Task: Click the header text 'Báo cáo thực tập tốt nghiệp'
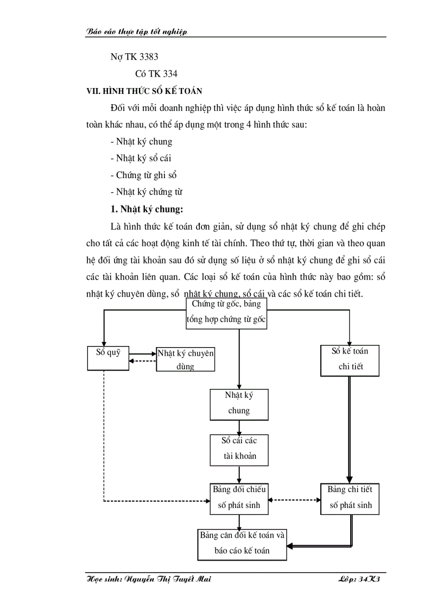click(137, 32)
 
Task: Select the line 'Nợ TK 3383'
click(134, 56)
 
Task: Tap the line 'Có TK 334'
click(156, 74)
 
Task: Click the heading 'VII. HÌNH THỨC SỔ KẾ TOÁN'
click(144, 91)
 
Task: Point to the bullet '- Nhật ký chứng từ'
click(146, 192)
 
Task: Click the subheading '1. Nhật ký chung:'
click(147, 209)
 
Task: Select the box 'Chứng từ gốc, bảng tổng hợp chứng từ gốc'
click(226, 312)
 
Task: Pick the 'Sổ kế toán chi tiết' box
click(350, 359)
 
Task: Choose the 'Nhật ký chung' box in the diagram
click(239, 404)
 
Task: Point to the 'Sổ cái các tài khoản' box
click(239, 449)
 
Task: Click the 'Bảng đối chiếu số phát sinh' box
click(239, 498)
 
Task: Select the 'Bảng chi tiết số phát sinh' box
click(350, 498)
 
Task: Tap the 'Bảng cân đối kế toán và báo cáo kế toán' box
click(242, 543)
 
